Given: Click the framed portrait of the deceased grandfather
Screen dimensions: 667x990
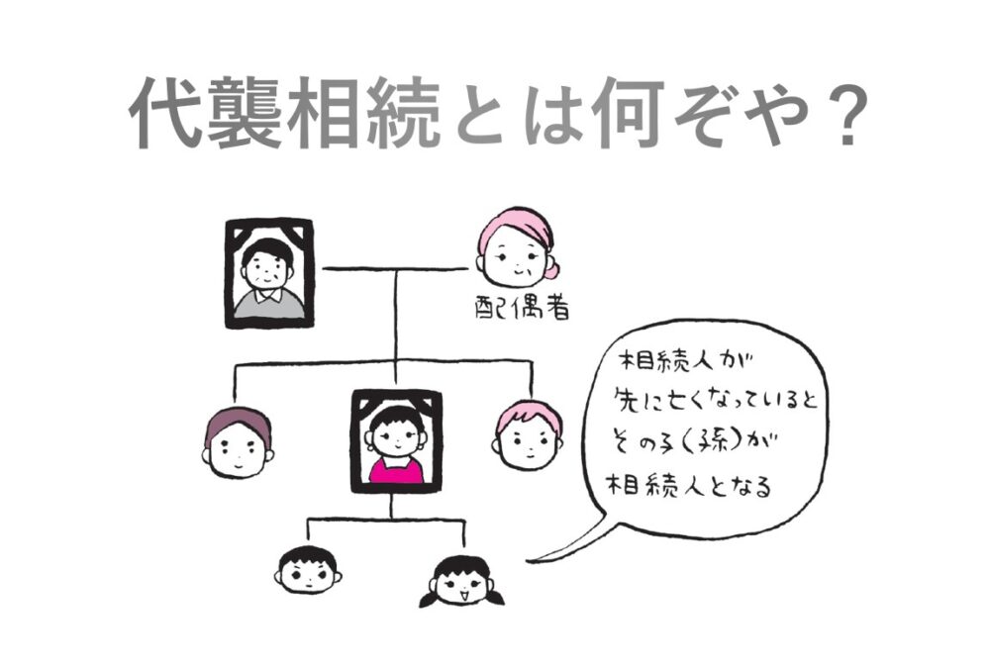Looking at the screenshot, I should (268, 272).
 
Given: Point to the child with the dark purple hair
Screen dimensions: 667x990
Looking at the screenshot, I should (238, 441).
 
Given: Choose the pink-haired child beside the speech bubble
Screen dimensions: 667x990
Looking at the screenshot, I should (529, 434).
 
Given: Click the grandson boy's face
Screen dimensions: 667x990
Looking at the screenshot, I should (308, 570).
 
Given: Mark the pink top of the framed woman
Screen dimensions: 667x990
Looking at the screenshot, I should (396, 469).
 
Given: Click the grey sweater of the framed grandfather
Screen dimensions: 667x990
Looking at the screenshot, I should (268, 302).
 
